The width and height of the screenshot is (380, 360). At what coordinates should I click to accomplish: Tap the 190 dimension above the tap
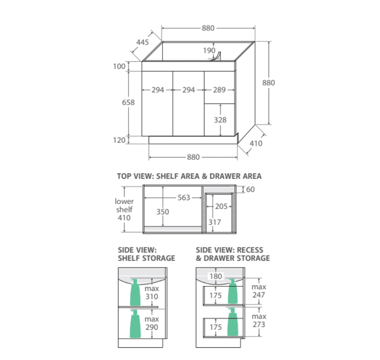click(209, 50)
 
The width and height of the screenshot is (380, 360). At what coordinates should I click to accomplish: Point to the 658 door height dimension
click(128, 102)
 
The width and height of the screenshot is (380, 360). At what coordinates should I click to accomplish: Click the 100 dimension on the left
click(119, 66)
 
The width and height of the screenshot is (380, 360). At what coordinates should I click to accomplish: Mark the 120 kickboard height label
click(119, 140)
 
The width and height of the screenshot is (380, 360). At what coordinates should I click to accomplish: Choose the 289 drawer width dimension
click(219, 90)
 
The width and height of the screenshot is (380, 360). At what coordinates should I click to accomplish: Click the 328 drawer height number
click(219, 120)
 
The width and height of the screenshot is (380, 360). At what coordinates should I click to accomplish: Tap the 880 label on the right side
click(268, 83)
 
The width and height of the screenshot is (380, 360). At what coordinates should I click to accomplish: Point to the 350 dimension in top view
click(163, 212)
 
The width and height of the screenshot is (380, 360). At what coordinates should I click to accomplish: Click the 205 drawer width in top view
click(221, 207)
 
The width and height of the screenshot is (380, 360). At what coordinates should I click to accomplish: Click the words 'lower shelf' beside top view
click(124, 205)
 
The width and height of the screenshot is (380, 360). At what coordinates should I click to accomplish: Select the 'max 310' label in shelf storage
click(152, 292)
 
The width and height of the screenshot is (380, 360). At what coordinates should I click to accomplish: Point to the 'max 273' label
click(259, 320)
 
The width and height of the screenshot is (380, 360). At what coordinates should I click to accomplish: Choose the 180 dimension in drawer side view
click(216, 277)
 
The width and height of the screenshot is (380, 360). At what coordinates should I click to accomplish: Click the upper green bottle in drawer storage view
click(232, 292)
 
